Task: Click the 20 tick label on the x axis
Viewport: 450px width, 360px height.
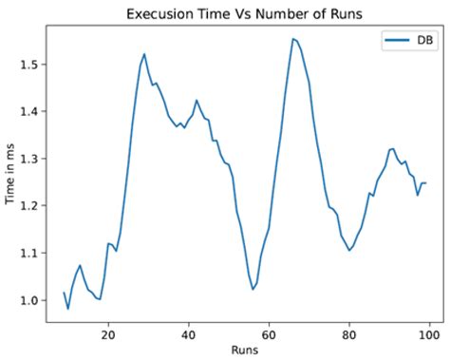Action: pos(108,334)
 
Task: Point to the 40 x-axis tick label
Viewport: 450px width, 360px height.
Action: pos(189,334)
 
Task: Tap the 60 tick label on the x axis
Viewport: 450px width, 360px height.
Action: pos(270,334)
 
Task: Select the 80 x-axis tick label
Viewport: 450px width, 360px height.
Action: pos(350,334)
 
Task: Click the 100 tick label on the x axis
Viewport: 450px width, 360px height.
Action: pos(430,334)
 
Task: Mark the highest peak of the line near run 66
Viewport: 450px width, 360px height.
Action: pos(293,39)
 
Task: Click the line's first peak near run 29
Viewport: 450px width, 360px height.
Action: pos(144,54)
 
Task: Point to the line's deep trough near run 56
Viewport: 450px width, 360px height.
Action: pos(253,289)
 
